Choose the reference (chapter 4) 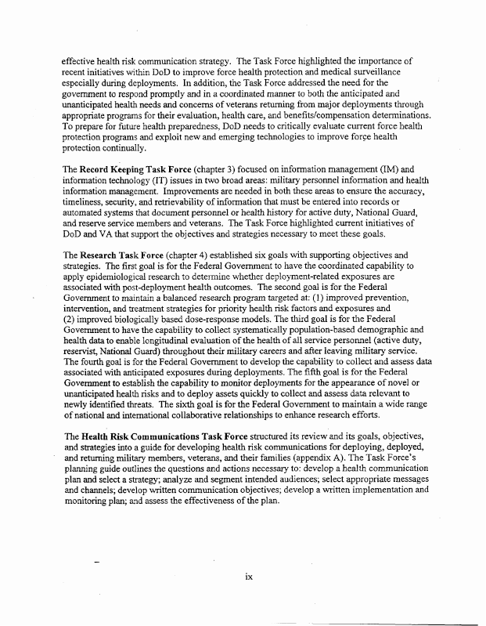[193, 255]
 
